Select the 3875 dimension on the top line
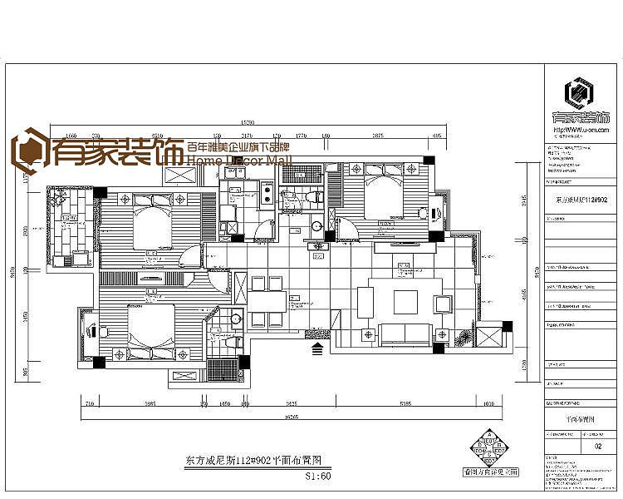377,135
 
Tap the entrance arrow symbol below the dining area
318,349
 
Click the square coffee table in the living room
405,301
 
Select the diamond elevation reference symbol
490,449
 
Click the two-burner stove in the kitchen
267,196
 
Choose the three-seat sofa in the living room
405,334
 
